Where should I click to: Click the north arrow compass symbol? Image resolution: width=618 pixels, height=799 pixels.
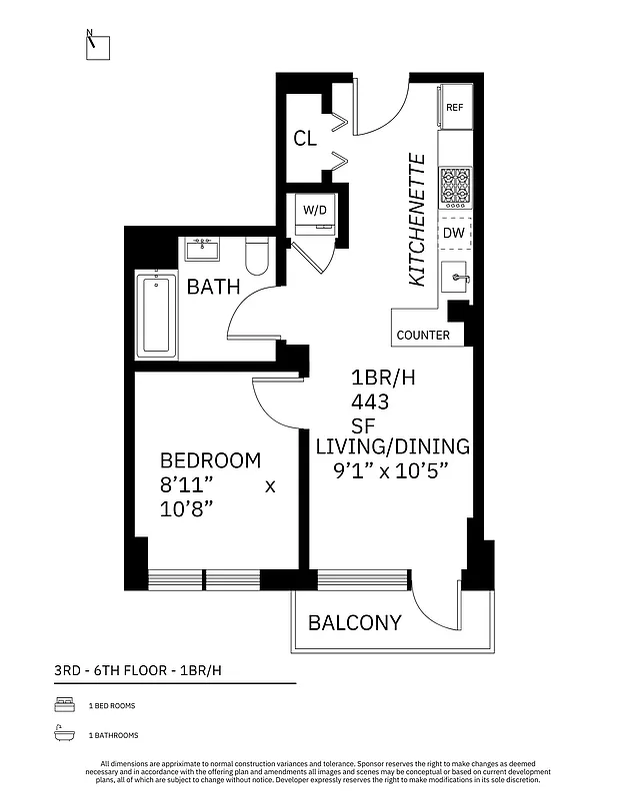97,45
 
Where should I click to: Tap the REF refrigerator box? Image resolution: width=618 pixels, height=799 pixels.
455,108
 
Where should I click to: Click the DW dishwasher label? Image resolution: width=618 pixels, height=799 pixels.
454,233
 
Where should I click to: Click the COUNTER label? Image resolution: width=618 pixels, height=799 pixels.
423,335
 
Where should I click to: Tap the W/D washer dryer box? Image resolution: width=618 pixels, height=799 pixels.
315,211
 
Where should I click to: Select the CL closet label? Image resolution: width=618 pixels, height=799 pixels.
305,139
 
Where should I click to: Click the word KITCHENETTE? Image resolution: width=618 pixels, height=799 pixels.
418,220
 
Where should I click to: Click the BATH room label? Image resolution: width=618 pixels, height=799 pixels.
214,288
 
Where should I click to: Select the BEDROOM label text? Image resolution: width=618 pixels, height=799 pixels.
210,460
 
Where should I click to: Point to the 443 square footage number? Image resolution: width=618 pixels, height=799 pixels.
370,401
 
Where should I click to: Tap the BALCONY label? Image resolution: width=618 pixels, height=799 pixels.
354,623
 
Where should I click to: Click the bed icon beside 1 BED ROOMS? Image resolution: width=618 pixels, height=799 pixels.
61,705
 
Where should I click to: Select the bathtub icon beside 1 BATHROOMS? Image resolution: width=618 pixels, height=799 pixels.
61,735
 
